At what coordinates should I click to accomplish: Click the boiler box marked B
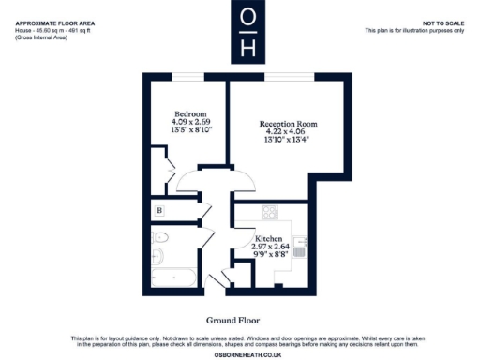tap(160, 210)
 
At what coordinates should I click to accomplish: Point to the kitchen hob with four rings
tap(270, 213)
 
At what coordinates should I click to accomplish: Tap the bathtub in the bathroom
tap(172, 278)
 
